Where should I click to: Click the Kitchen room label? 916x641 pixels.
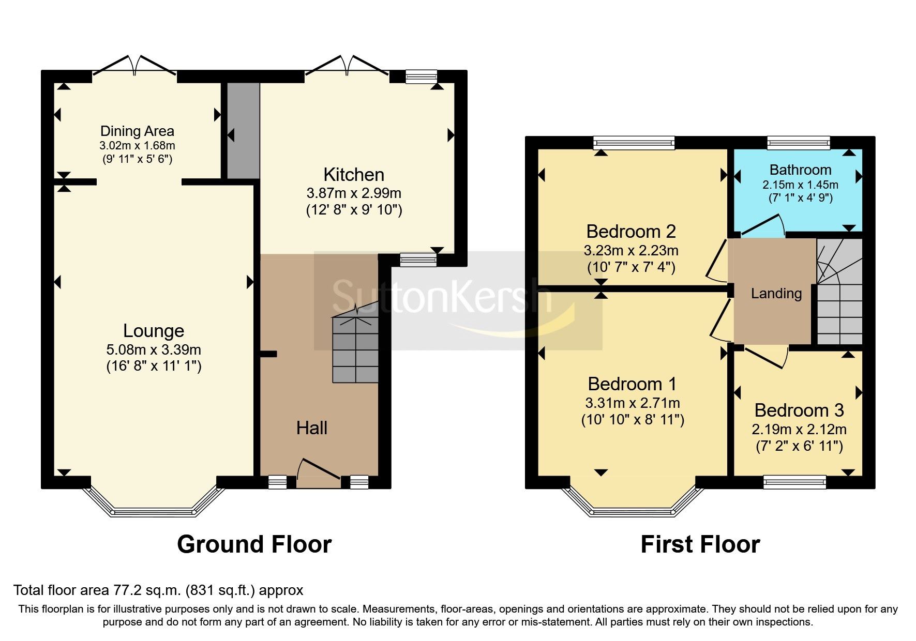point(354,175)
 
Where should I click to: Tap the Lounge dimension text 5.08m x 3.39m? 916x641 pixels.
point(154,349)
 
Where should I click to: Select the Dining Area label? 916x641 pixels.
point(137,131)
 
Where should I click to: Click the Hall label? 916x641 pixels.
point(312,428)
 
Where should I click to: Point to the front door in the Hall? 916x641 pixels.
point(319,471)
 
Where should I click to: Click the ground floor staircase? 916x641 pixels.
point(355,350)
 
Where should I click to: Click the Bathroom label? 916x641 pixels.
point(800,170)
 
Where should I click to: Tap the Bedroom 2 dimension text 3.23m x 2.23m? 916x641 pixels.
point(631,251)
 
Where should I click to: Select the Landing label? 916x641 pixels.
point(776,294)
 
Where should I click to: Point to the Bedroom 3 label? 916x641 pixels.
point(799,410)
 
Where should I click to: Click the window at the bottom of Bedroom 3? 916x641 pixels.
point(795,482)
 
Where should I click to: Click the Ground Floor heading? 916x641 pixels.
point(254,544)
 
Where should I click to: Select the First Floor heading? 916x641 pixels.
point(700,544)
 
